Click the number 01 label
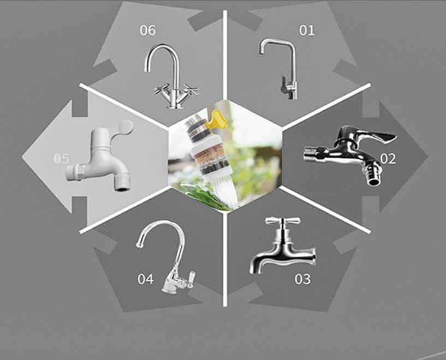point(307,30)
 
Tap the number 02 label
point(388,159)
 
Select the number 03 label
point(302,279)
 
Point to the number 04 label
point(145,279)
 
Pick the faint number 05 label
point(62,159)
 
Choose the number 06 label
point(147,30)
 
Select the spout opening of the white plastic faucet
point(122,188)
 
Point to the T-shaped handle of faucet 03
point(283,220)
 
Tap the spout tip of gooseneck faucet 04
point(139,245)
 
